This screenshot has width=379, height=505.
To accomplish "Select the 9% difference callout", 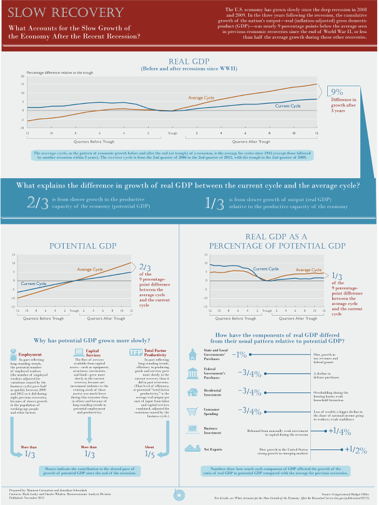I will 337,91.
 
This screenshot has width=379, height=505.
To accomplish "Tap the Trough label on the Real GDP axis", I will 172,134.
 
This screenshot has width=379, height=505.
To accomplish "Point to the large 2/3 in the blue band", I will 37,201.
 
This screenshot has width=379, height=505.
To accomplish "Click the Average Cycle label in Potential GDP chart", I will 90,269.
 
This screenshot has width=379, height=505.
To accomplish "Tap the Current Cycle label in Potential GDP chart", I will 34,284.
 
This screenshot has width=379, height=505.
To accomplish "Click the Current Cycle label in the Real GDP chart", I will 288,106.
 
